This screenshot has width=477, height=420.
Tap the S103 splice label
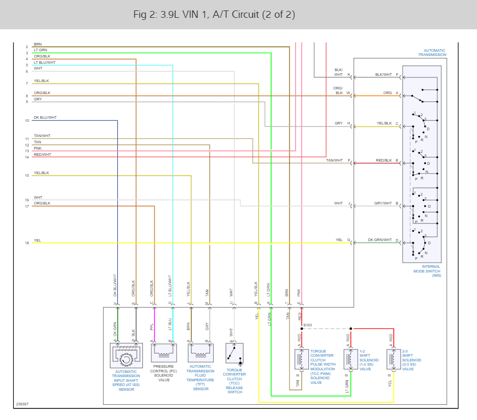pos(307,325)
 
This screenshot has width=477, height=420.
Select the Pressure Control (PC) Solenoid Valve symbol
pos(163,353)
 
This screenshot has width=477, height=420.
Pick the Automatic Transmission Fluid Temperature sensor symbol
pos(200,353)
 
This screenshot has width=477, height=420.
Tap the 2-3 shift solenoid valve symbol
pos(391,359)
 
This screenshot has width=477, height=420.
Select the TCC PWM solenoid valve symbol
pos(302,359)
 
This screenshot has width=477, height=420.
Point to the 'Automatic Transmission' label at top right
pos(431,52)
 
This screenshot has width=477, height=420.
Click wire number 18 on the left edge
pos(27,243)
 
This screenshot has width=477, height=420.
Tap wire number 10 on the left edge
pos(27,121)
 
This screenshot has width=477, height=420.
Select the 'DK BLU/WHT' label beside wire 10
pos(45,118)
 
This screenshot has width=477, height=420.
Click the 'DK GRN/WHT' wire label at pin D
pos(380,240)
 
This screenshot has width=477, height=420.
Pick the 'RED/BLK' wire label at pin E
pos(384,160)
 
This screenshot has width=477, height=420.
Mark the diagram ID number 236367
pos(22,404)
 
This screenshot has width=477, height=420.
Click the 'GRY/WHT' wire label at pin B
pos(383,203)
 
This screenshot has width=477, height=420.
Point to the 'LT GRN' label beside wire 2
pos(40,50)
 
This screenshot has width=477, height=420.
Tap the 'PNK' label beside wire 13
pos(38,148)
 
